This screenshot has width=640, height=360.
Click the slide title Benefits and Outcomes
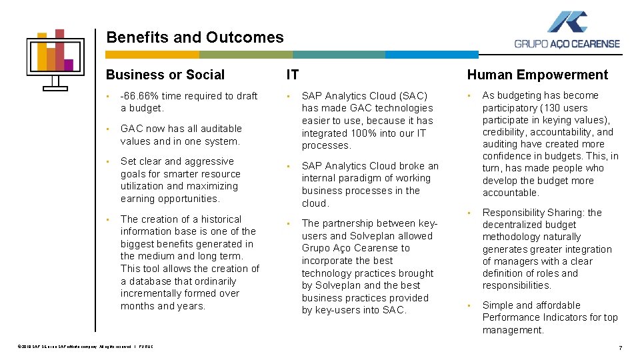pyautogui.click(x=195, y=38)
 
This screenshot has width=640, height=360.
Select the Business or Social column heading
pyautogui.click(x=165, y=75)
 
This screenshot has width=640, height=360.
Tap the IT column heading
pyautogui.click(x=293, y=75)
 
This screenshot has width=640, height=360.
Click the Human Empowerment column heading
pyautogui.click(x=537, y=75)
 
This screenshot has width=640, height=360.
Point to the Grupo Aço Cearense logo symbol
pyautogui.click(x=567, y=22)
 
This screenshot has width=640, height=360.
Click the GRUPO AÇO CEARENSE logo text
pyautogui.click(x=567, y=44)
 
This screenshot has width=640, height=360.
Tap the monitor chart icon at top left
pyautogui.click(x=55, y=59)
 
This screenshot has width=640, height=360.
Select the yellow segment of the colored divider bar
pyautogui.click(x=153, y=55)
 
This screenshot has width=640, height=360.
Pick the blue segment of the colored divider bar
pyautogui.click(x=432, y=55)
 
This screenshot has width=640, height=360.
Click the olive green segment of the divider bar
pyautogui.click(x=245, y=55)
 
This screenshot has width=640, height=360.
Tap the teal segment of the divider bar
pyautogui.click(x=339, y=55)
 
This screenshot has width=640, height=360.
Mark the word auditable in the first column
pyautogui.click(x=219, y=129)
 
